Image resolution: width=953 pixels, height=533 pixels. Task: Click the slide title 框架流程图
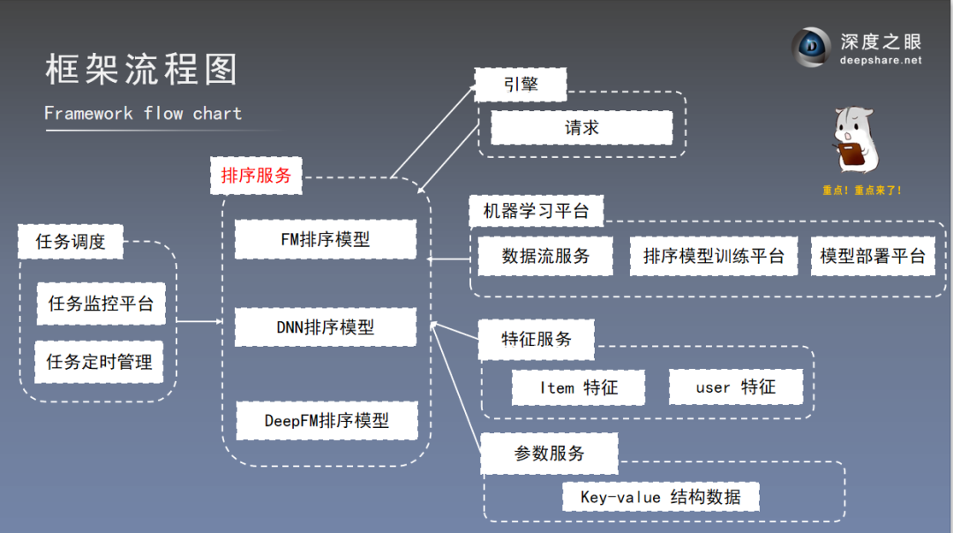pyautogui.click(x=141, y=69)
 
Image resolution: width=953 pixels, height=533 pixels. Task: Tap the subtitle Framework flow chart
pyautogui.click(x=142, y=113)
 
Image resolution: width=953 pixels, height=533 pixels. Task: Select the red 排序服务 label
pyautogui.click(x=256, y=176)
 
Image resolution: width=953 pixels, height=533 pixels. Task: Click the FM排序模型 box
pyautogui.click(x=326, y=239)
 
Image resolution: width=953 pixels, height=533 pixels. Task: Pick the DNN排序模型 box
pyautogui.click(x=326, y=327)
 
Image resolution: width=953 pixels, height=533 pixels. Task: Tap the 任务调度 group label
pyautogui.click(x=71, y=242)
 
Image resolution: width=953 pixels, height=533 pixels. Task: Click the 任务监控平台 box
pyautogui.click(x=101, y=304)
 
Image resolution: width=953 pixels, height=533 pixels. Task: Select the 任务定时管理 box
pyautogui.click(x=99, y=362)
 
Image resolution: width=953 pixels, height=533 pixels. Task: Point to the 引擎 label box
pyautogui.click(x=521, y=85)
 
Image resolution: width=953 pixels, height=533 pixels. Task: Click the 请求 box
pyautogui.click(x=582, y=128)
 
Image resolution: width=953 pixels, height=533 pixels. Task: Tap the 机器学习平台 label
pyautogui.click(x=536, y=212)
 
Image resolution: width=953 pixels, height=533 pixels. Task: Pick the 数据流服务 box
pyautogui.click(x=545, y=256)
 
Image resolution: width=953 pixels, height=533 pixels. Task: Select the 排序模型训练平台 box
pyautogui.click(x=713, y=256)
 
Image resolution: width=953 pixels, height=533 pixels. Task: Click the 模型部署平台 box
pyautogui.click(x=872, y=256)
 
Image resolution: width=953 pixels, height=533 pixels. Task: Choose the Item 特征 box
pyautogui.click(x=578, y=387)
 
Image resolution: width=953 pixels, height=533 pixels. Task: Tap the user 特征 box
pyautogui.click(x=735, y=387)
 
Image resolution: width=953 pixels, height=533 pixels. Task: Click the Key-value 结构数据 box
pyautogui.click(x=660, y=497)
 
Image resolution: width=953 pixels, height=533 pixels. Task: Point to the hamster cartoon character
pyautogui.click(x=855, y=141)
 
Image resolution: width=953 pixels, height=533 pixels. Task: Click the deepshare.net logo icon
pyautogui.click(x=811, y=48)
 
